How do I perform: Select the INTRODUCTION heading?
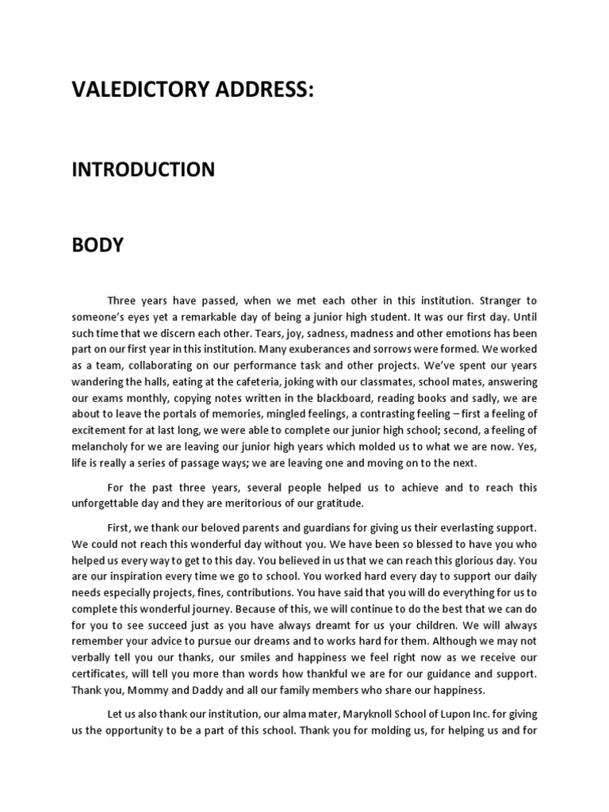[x=143, y=170]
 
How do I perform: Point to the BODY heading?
[x=98, y=245]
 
